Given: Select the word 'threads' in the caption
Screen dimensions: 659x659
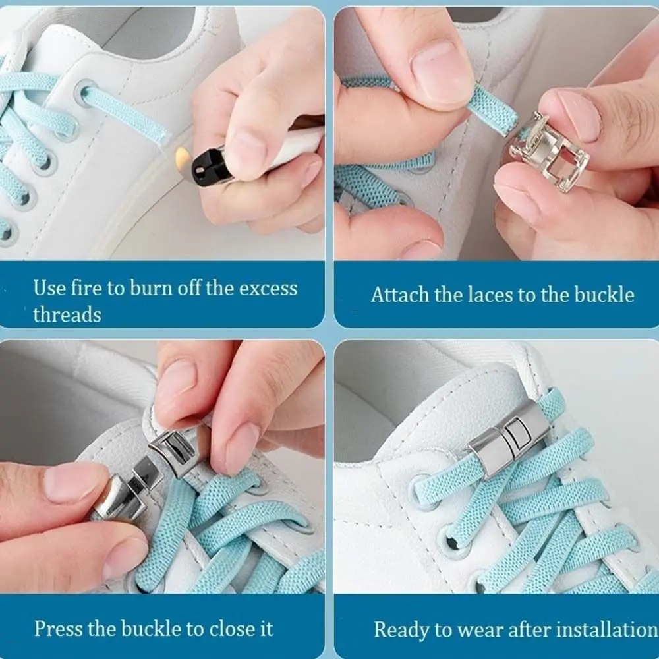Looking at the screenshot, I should point(67,314).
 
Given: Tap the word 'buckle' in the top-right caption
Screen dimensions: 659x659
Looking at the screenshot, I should point(601,295).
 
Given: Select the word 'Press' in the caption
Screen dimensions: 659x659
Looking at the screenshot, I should point(57,628).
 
